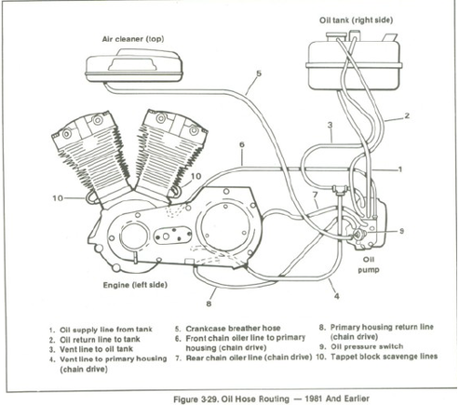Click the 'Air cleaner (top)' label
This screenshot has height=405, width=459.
(133, 39)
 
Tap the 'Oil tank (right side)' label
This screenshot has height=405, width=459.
(356, 20)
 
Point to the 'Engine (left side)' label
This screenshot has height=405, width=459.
(135, 285)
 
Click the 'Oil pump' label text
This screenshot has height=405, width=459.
(369, 264)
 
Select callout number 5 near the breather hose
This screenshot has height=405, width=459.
(259, 74)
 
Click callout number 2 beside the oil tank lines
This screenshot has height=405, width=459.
(407, 115)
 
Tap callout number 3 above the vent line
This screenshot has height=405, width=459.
(330, 125)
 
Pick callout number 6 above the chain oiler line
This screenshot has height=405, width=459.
(242, 144)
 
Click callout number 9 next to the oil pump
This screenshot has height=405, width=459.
(401, 231)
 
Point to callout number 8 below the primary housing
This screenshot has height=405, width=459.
(209, 304)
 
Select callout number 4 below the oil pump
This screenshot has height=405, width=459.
(337, 296)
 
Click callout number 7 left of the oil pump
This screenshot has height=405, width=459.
(315, 195)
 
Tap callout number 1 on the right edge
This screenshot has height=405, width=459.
(400, 169)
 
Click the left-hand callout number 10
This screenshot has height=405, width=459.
(58, 197)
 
